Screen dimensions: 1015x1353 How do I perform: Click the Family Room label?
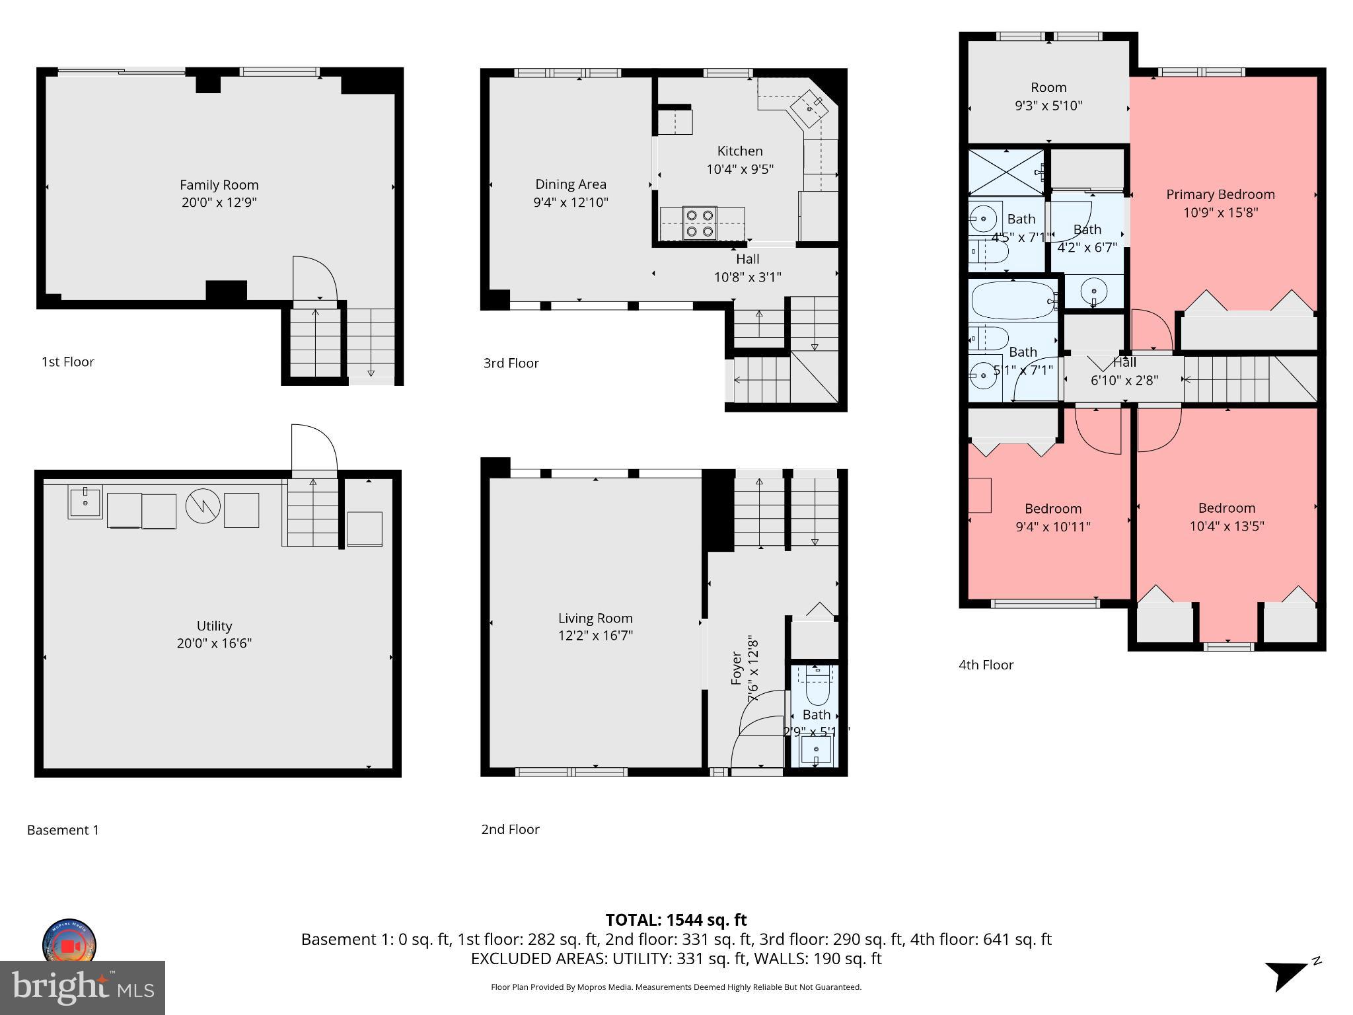[219, 185]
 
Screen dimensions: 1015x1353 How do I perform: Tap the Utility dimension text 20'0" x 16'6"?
[214, 643]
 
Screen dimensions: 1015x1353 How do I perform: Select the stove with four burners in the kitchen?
[699, 223]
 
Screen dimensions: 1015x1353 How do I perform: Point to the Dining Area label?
[570, 184]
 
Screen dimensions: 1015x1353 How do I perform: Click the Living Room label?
[595, 619]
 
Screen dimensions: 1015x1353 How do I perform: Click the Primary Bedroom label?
[1220, 194]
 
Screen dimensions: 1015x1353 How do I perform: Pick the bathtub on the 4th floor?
[1011, 301]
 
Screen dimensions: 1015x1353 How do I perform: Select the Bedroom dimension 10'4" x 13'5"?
[1226, 526]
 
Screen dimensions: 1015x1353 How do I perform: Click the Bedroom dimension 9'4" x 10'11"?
[1052, 527]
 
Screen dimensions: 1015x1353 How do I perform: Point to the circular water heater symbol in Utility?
[202, 507]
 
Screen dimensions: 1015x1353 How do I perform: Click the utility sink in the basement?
[85, 502]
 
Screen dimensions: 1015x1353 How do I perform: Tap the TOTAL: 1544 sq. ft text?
[676, 920]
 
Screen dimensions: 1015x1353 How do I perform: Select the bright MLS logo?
[83, 988]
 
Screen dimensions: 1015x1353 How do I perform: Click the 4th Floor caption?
[986, 665]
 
